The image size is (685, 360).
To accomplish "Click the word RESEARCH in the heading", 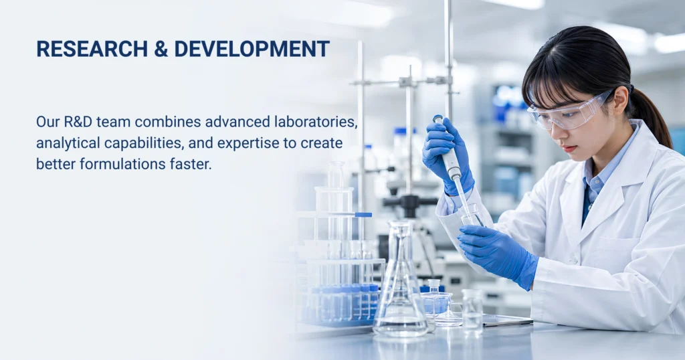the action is (92, 49).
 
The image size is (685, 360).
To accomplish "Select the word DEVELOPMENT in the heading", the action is (252, 49).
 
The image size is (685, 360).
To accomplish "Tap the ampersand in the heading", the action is (161, 49).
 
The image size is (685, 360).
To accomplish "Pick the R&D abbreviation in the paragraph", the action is (78, 122).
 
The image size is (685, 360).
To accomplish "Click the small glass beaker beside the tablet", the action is (472, 310).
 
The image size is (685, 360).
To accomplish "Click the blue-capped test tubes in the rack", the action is (345, 302).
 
